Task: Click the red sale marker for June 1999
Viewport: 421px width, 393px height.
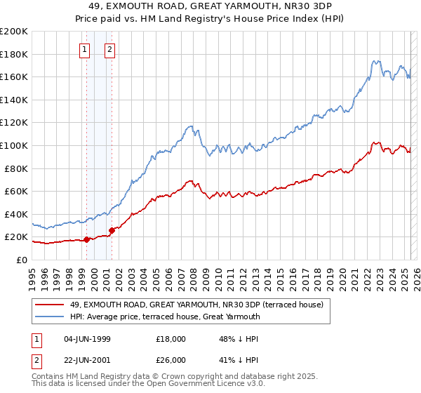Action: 86,239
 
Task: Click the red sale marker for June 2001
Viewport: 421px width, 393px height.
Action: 112,230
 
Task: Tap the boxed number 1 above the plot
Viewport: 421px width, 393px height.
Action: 85,49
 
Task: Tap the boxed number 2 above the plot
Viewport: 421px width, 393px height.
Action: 111,49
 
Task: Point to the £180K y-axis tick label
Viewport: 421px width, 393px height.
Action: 14,54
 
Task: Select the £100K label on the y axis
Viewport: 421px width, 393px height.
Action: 14,145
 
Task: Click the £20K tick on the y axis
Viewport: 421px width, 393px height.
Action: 17,237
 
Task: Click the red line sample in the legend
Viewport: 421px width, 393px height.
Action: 51,305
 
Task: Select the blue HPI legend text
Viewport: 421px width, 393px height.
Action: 165,317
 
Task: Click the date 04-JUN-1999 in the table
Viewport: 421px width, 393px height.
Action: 88,338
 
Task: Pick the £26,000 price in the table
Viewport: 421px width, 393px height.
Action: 171,359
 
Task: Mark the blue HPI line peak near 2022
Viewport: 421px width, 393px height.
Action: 376,61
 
